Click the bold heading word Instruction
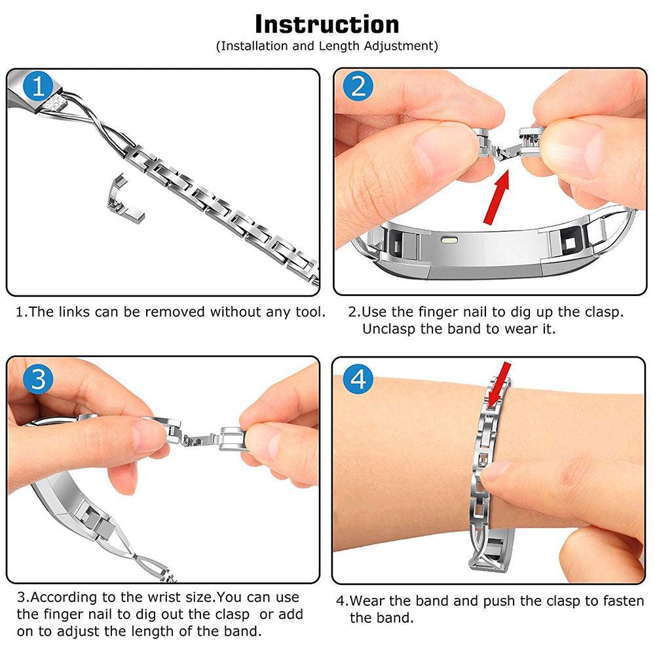pyautogui.click(x=327, y=24)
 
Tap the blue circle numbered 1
pyautogui.click(x=37, y=86)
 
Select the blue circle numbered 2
pyautogui.click(x=358, y=86)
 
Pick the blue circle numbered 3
pyautogui.click(x=38, y=379)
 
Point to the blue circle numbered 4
pyautogui.click(x=358, y=379)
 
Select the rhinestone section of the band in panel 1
pyautogui.click(x=54, y=103)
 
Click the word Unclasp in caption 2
pyautogui.click(x=389, y=329)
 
